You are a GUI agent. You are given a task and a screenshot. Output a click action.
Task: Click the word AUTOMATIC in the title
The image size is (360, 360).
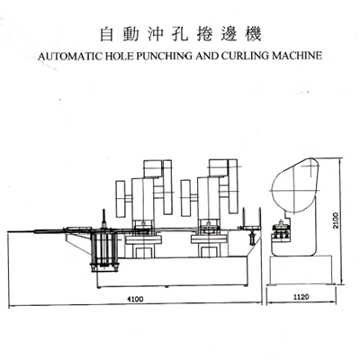pos(70,56)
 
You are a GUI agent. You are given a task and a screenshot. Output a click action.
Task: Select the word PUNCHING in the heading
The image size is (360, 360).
pos(164,56)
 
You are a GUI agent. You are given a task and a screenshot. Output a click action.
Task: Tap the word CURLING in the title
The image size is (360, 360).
pos(246,56)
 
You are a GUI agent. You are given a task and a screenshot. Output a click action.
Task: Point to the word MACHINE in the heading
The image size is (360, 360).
pos(297,56)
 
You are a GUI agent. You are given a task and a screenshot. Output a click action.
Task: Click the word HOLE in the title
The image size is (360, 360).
pos(120,56)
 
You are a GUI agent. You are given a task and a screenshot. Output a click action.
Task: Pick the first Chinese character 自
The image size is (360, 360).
pos(106,34)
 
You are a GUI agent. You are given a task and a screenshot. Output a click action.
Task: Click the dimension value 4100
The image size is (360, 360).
pos(135,299)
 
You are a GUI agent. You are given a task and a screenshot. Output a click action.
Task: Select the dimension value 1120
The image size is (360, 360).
pos(301,297)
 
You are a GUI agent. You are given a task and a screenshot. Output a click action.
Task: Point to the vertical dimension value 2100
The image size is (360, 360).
pos(336,220)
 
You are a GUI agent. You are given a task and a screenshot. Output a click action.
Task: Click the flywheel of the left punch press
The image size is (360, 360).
pos(121,199)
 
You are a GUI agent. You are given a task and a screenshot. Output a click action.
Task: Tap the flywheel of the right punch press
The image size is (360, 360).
pos(185,199)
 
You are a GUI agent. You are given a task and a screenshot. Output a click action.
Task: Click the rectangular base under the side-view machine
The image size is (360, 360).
pos(301,270)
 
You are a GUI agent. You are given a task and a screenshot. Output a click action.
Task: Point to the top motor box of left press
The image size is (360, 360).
pos(153,168)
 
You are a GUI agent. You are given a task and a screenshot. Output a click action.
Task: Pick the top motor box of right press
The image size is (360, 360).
pos(219,168)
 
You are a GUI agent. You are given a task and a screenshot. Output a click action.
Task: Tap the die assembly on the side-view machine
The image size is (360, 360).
pos(281,231)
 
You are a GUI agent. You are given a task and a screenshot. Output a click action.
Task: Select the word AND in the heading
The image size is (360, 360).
pos(207,56)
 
